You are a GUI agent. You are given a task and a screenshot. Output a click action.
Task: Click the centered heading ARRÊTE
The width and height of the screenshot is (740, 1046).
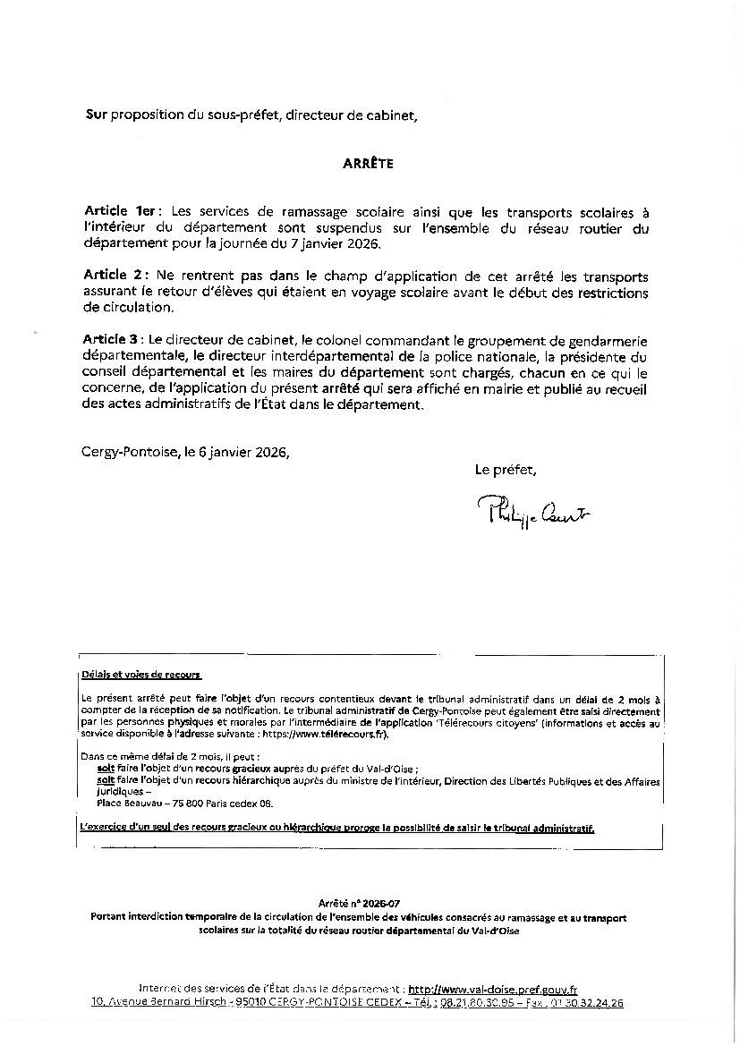[x=368, y=164]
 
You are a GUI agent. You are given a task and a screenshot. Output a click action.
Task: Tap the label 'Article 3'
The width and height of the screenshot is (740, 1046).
[x=113, y=340]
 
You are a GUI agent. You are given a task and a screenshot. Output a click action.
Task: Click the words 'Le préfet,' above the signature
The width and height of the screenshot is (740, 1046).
[x=506, y=469]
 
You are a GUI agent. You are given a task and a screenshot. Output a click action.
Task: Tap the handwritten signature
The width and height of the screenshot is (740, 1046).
[x=534, y=511]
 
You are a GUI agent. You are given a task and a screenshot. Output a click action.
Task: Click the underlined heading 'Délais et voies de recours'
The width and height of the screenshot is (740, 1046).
[x=141, y=675]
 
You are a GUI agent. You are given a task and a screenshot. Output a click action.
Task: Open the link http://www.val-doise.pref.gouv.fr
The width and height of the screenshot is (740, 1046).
[x=492, y=990]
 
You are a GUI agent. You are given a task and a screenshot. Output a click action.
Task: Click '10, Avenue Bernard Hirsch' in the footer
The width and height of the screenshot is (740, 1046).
[x=158, y=1003]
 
